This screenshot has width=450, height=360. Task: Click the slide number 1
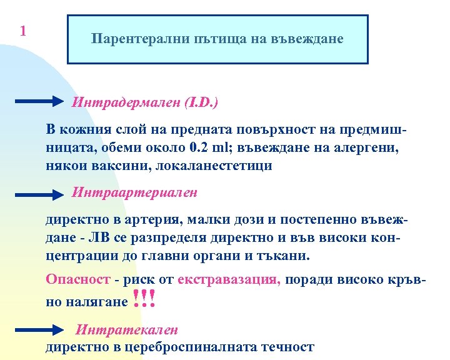[x=22, y=31]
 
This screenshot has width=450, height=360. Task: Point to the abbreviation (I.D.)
[x=201, y=101]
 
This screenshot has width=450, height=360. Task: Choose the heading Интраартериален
[x=135, y=192]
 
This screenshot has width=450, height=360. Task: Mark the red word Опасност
[x=78, y=280]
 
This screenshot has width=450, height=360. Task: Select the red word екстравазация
[x=229, y=280]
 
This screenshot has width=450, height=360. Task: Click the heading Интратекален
[x=127, y=329]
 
